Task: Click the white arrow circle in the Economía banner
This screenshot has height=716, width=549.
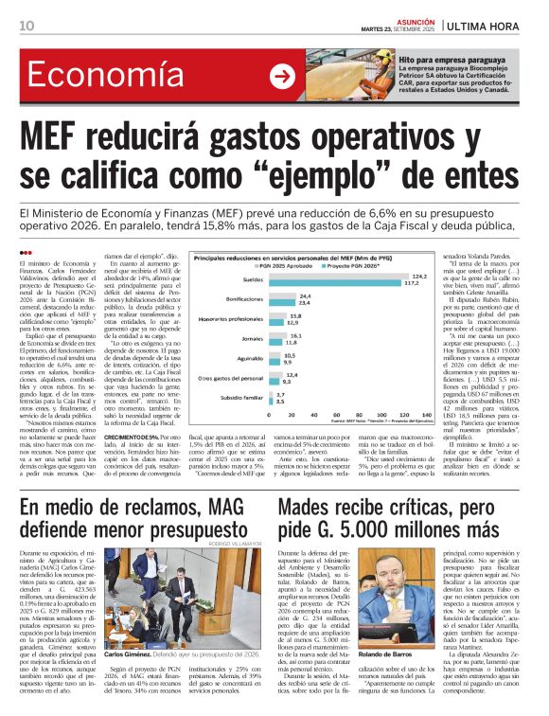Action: (x=282, y=77)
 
